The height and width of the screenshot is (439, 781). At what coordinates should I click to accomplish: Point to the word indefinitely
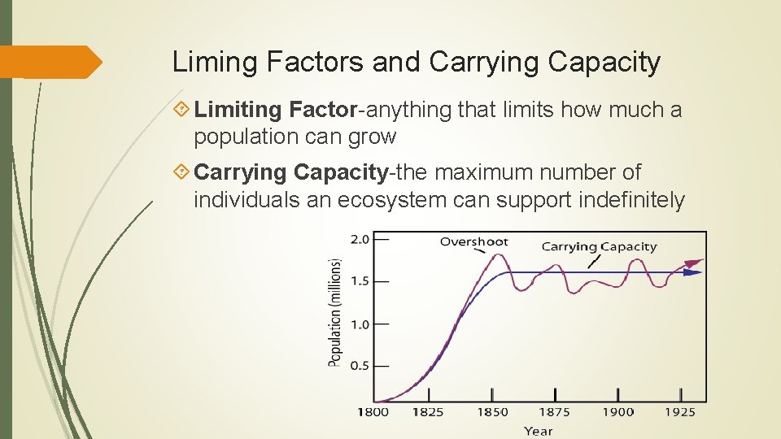631,200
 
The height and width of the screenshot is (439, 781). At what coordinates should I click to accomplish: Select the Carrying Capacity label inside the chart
599,246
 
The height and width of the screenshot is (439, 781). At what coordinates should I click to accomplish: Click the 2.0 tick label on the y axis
359,240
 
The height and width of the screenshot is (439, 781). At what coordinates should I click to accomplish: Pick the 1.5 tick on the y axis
359,281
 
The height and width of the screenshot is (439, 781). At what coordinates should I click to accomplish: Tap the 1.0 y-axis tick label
359,324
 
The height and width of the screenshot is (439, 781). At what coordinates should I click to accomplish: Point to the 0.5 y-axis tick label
359,366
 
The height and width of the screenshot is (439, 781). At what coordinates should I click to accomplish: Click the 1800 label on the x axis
374,412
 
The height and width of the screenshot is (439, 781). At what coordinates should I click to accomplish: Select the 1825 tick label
427,412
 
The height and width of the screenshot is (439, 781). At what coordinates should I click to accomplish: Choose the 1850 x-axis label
491,412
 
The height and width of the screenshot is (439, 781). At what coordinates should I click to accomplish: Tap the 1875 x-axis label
555,412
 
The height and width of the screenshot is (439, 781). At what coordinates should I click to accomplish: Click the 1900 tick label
618,412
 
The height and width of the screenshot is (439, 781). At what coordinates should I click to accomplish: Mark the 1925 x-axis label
679,412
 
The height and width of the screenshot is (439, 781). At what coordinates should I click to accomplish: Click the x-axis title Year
538,431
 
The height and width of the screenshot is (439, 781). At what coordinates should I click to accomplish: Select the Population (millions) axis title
335,312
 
